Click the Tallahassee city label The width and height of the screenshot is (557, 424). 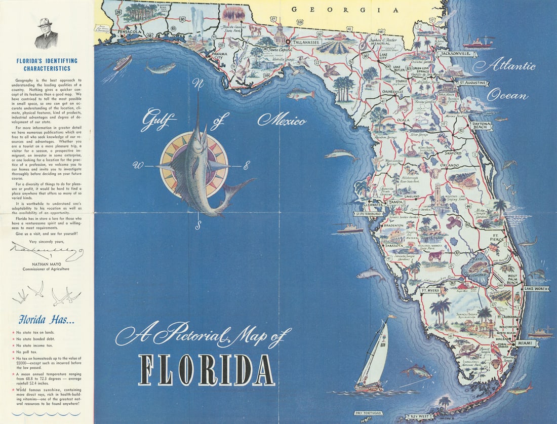[x=305, y=43]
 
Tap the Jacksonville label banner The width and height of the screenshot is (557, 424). [x=458, y=53]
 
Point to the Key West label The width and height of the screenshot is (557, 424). [x=420, y=416]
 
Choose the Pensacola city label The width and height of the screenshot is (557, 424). [x=128, y=31]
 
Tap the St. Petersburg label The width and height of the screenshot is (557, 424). [x=368, y=214]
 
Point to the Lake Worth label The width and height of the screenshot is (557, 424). [x=536, y=288]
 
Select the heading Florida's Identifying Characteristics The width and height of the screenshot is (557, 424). [x=47, y=64]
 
